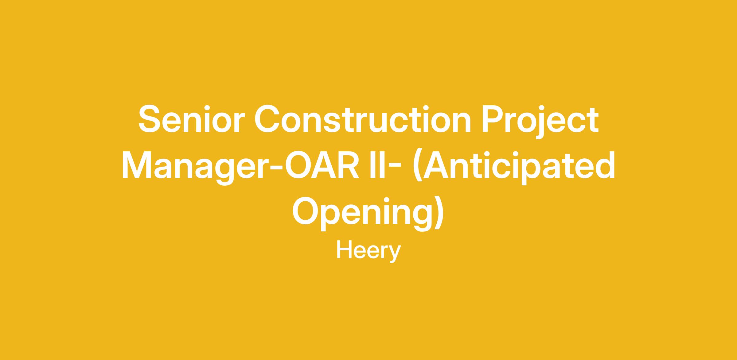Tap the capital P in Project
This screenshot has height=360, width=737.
pos(493,119)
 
